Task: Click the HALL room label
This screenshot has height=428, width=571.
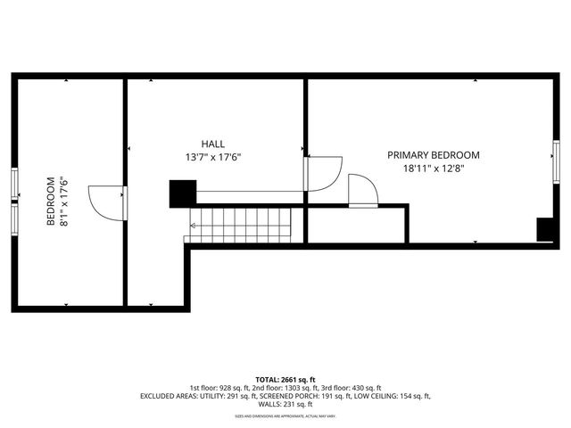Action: (212, 144)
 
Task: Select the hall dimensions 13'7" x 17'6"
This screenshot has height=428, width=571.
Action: (212, 157)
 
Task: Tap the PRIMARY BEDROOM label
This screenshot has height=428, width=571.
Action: (434, 154)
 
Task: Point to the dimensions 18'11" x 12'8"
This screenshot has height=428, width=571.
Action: (434, 168)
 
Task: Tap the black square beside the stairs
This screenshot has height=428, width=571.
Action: (182, 193)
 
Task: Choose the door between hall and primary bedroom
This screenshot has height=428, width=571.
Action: (323, 173)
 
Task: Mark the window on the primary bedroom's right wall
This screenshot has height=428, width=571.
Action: (556, 161)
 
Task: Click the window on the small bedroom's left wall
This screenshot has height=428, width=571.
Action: (15, 201)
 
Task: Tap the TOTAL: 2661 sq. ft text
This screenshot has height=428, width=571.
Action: (285, 379)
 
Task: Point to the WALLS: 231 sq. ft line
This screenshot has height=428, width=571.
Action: (285, 404)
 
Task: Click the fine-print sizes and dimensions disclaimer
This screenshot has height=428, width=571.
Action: (285, 416)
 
